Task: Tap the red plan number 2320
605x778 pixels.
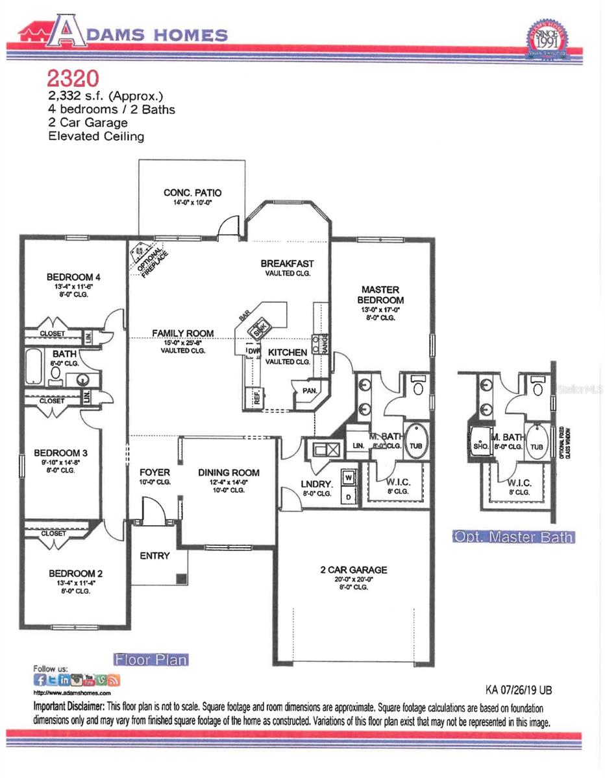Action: [72, 78]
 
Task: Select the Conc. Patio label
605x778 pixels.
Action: [192, 193]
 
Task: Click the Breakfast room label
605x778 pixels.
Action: [287, 264]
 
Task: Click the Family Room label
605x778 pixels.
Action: [182, 333]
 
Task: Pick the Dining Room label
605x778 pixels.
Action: [228, 473]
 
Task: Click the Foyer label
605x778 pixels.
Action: [154, 473]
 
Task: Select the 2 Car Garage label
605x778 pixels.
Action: [353, 570]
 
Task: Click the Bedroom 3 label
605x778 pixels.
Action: [56, 453]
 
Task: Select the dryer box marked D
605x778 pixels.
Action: [347, 496]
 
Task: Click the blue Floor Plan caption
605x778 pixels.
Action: [151, 660]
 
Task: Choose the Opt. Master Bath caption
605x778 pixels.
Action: [512, 537]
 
